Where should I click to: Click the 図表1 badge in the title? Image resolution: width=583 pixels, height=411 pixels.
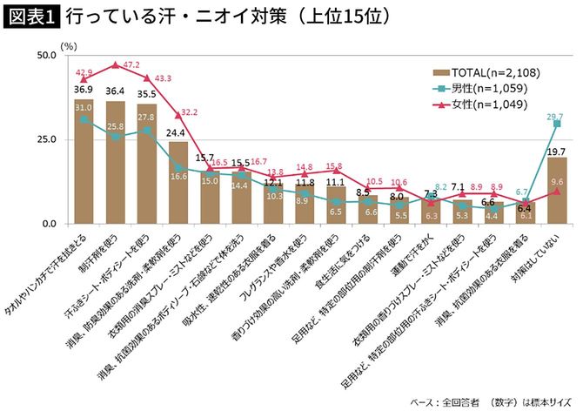[x=31, y=17]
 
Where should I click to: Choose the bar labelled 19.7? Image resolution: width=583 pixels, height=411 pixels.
[x=556, y=191]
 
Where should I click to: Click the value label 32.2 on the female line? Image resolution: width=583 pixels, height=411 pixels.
[x=190, y=112]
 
